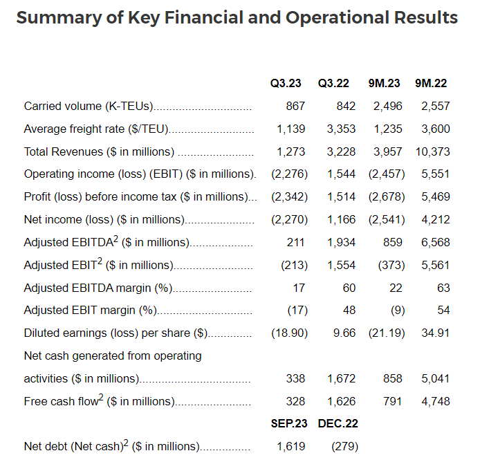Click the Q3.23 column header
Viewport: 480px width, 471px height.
click(x=286, y=83)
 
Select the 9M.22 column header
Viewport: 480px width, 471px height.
click(x=431, y=83)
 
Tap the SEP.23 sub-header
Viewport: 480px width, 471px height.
click(x=288, y=423)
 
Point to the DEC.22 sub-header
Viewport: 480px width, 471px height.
click(x=338, y=423)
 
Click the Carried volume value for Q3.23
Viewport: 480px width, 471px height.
click(x=295, y=107)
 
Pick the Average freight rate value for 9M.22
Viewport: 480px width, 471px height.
click(x=435, y=129)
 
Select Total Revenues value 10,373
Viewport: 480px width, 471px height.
click(x=432, y=151)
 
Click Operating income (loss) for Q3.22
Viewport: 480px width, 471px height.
click(x=342, y=174)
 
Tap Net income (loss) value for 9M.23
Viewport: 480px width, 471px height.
click(x=387, y=220)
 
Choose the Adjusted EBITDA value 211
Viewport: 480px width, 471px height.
click(x=295, y=242)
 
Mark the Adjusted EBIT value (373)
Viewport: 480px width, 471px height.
click(x=391, y=265)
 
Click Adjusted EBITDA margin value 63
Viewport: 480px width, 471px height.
click(x=443, y=288)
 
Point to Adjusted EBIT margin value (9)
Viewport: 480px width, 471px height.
click(x=398, y=311)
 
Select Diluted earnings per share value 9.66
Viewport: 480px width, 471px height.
click(x=344, y=333)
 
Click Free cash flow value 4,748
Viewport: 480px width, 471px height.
click(x=435, y=402)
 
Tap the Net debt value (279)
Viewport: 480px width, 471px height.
click(x=344, y=447)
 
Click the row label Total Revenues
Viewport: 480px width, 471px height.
click(x=99, y=151)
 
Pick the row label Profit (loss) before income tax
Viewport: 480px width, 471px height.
click(x=136, y=197)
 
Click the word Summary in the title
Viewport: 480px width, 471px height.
click(x=59, y=18)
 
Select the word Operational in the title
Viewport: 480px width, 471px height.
click(x=338, y=18)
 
